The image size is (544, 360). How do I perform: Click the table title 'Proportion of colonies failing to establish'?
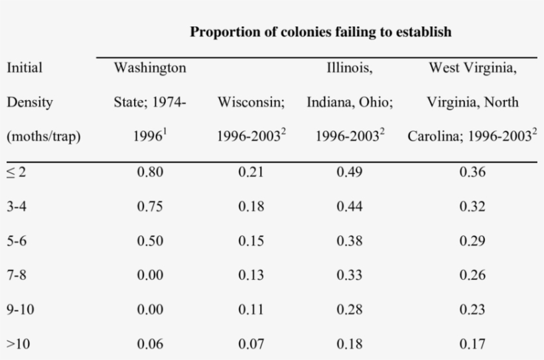[320, 32]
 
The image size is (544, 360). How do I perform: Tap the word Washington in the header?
[150, 68]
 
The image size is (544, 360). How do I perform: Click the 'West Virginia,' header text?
[472, 68]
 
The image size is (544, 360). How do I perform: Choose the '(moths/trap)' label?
[43, 137]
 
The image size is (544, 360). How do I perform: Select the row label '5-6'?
[17, 241]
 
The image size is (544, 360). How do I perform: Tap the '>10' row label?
[19, 344]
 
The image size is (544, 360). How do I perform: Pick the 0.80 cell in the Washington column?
[150, 172]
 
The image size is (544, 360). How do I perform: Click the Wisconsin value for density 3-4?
[251, 207]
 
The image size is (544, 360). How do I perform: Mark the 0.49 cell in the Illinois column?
[349, 172]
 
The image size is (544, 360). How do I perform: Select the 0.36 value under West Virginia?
[472, 172]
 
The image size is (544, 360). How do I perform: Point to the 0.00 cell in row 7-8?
[150, 275]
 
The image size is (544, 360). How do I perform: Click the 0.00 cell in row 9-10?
[150, 310]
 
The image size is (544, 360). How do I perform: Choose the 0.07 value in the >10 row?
[251, 344]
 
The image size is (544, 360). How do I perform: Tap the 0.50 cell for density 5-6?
[150, 241]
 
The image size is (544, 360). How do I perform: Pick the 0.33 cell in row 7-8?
[349, 275]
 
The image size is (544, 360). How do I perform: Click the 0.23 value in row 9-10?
[472, 310]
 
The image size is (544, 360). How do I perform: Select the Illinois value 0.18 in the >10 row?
[349, 344]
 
